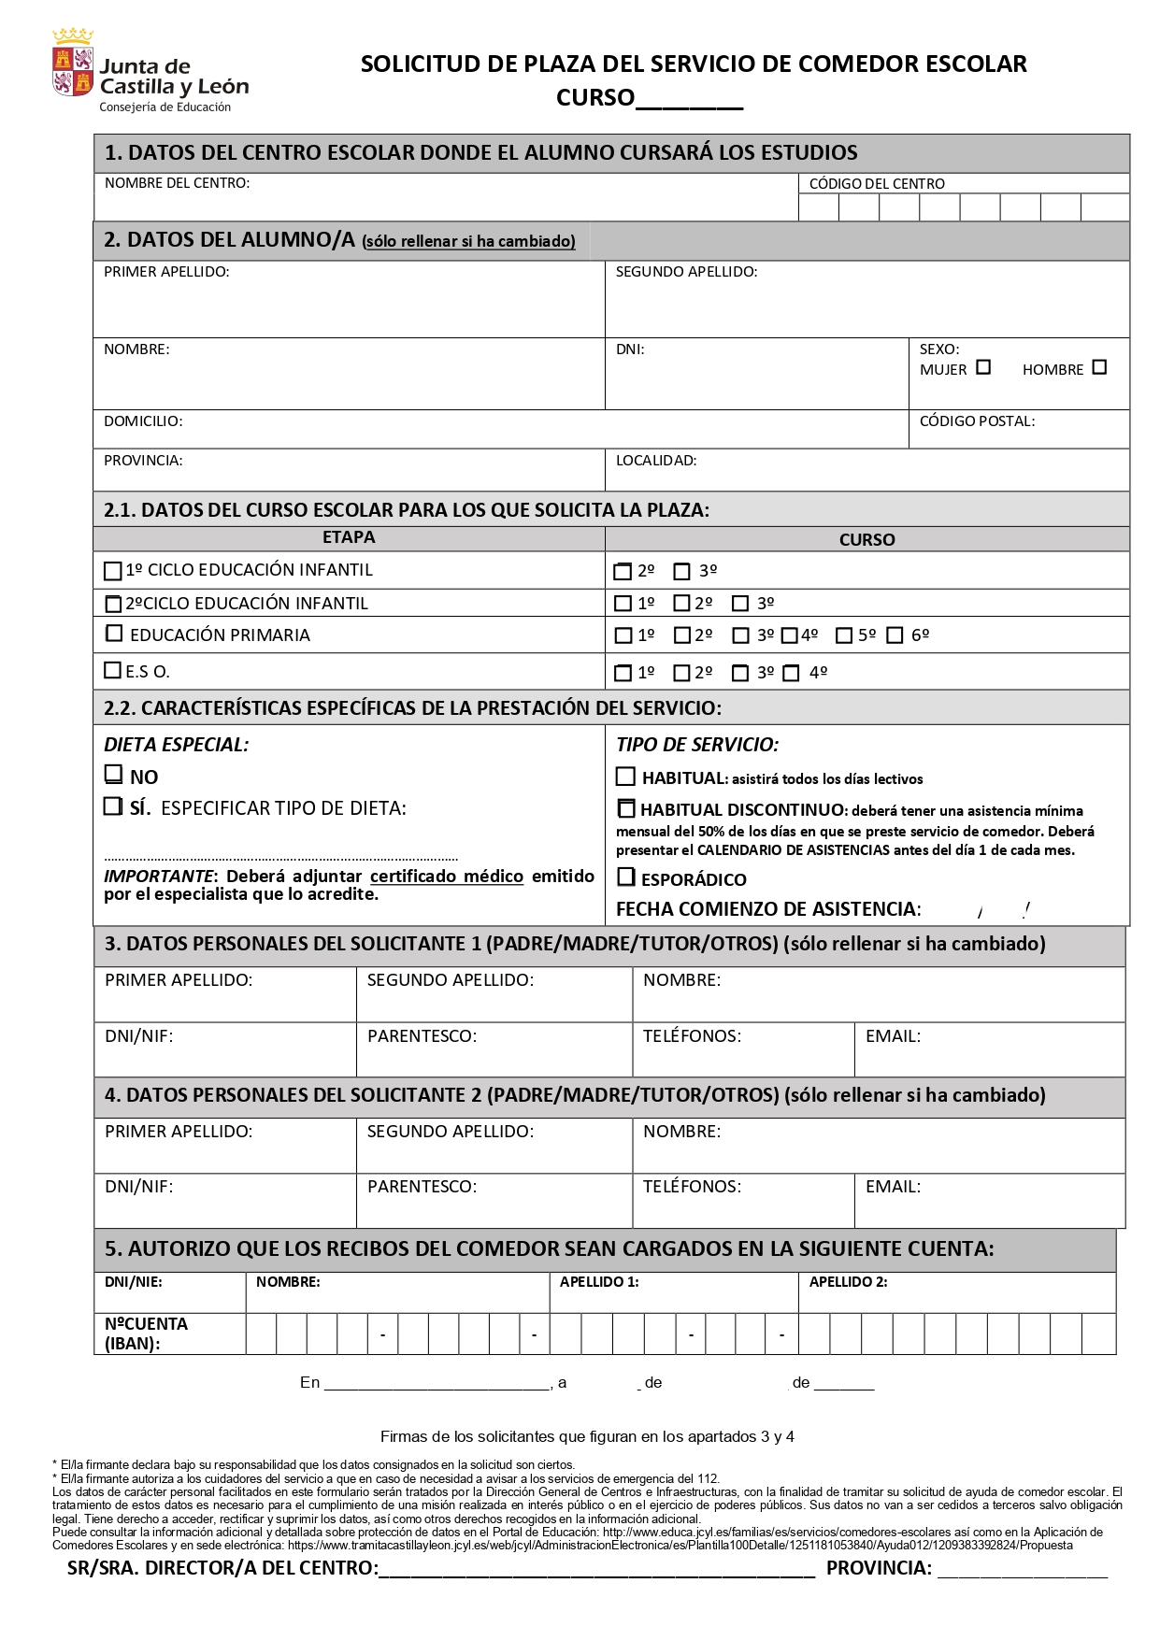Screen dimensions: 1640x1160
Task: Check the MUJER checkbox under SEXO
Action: (983, 367)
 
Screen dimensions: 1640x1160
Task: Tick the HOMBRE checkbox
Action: (1099, 367)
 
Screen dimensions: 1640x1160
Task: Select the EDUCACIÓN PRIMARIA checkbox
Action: (114, 634)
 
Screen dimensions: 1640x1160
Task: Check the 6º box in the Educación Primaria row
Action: (895, 635)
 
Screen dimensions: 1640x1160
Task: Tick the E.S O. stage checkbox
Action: (113, 670)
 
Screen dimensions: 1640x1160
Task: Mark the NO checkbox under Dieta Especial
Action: (113, 775)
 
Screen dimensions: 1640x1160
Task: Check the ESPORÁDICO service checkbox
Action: (626, 877)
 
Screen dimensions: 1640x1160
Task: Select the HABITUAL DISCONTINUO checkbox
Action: (626, 808)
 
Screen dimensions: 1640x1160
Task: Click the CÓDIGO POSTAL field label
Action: (977, 421)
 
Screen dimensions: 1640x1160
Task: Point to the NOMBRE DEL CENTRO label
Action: (177, 183)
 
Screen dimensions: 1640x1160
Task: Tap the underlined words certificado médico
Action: (446, 877)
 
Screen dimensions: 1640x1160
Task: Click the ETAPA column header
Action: (349, 537)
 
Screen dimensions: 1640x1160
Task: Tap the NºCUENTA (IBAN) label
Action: (146, 1333)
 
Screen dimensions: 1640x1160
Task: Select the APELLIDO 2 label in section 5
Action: (848, 1282)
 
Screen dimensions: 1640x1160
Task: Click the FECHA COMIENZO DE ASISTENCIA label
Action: (767, 909)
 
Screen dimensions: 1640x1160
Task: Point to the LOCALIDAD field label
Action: (655, 461)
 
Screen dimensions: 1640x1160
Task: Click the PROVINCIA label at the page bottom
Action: (879, 1569)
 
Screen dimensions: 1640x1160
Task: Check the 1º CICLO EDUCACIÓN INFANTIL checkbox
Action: (113, 570)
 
